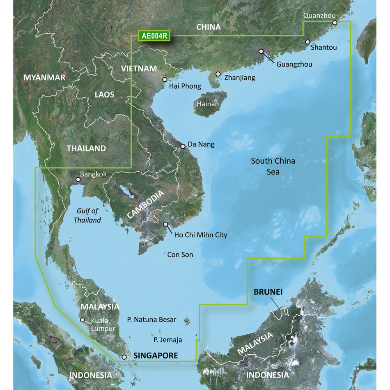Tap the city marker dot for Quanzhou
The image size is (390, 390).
tap(335, 23)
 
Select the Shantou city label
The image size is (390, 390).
tap(323, 48)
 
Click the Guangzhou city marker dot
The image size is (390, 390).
tap(261, 52)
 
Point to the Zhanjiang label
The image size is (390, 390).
tap(240, 77)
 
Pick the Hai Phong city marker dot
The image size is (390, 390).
tap(165, 79)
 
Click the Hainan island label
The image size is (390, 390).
tap(208, 104)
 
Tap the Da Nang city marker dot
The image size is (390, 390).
tap(183, 146)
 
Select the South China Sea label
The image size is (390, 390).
tap(273, 166)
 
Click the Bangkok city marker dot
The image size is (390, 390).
tap(78, 179)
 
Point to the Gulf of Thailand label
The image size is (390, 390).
tap(87, 216)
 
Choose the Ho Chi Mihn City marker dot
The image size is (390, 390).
tap(165, 224)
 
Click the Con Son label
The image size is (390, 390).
tap(180, 255)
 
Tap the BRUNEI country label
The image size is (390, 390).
tap(268, 292)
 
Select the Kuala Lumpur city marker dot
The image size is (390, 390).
tap(83, 320)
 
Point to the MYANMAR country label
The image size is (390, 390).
tap(44, 78)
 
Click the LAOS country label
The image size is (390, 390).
tap(104, 95)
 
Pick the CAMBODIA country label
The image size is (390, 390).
tap(146, 204)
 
